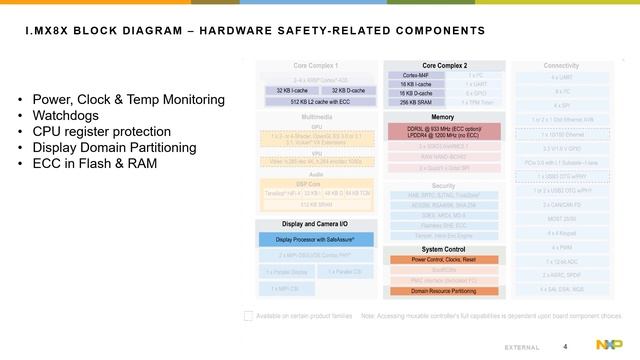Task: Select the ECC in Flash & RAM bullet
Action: [95, 164]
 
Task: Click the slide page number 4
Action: [566, 346]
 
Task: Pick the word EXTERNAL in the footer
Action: [523, 347]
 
